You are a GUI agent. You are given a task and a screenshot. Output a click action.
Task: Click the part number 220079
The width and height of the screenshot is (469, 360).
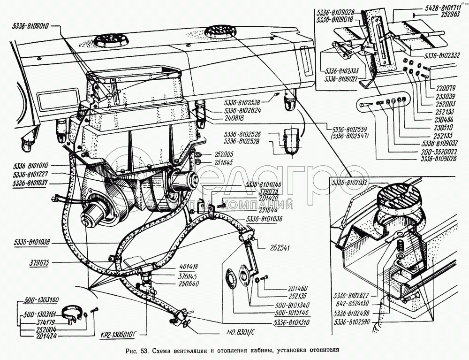(x=441, y=86)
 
